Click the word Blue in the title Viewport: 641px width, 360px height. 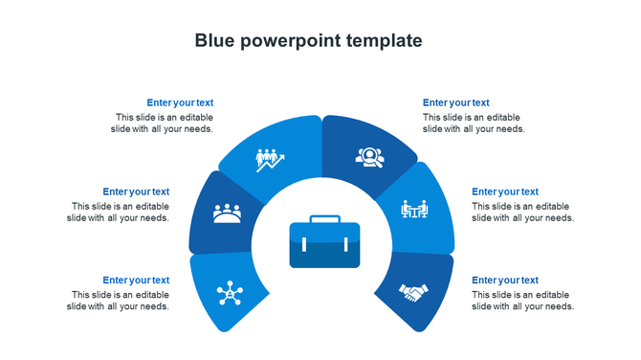(x=214, y=40)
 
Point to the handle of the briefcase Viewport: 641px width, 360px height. (x=324, y=219)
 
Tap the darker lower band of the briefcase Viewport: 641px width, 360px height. (x=324, y=256)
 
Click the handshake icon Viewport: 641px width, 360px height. (x=414, y=292)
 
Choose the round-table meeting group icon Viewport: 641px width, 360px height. (x=227, y=213)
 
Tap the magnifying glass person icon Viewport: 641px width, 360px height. (x=368, y=156)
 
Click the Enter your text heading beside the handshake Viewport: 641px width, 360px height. (x=505, y=281)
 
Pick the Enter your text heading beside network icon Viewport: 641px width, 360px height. (x=136, y=281)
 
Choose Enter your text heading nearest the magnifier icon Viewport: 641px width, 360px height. (x=455, y=102)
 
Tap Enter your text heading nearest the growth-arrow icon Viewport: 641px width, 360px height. (x=180, y=102)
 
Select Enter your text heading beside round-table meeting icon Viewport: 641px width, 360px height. (x=136, y=191)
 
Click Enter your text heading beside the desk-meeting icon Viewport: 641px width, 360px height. (x=505, y=191)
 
